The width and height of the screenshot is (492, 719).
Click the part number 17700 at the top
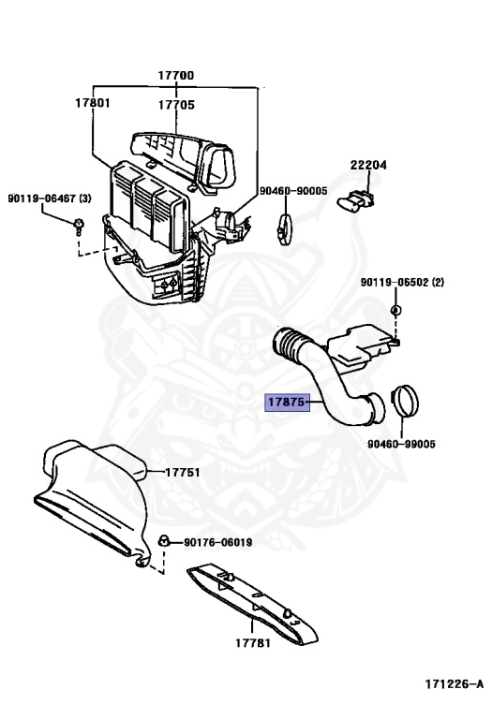(x=176, y=75)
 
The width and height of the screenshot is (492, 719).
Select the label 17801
(x=93, y=103)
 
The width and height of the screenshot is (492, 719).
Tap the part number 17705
(x=176, y=105)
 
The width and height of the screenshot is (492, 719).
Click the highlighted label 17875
(x=287, y=403)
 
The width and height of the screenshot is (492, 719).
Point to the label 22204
(x=368, y=165)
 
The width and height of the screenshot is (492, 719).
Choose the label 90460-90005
(x=293, y=191)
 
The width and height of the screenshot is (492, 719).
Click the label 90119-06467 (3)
(x=50, y=198)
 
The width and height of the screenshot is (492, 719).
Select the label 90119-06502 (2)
(x=402, y=282)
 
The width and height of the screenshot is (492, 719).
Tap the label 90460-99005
(x=401, y=444)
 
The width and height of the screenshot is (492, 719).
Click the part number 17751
(x=182, y=472)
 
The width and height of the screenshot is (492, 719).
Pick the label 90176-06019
(x=218, y=542)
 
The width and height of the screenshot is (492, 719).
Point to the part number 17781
(x=253, y=643)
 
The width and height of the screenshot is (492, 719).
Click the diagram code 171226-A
(x=454, y=684)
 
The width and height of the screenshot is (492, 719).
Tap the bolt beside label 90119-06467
(x=79, y=227)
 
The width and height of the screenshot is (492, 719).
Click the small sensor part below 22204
(x=355, y=201)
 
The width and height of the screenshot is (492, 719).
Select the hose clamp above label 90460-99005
(x=404, y=400)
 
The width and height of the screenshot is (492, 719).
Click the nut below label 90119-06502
(x=395, y=310)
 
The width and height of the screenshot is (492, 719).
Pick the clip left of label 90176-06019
(x=163, y=541)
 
